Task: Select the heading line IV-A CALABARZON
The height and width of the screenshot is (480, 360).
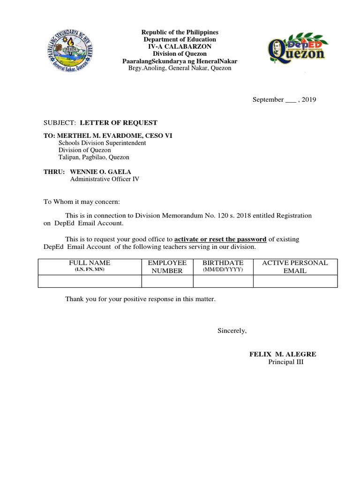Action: coord(180,47)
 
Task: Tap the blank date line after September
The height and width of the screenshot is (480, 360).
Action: coord(291,100)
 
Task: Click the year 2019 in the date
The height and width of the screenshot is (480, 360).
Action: coord(309,99)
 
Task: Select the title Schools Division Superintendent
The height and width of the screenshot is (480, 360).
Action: coord(102,143)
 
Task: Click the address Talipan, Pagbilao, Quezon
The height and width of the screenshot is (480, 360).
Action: coord(94,157)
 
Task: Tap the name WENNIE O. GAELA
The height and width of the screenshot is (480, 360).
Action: coord(101,172)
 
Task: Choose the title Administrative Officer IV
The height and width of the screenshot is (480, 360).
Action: coord(105,179)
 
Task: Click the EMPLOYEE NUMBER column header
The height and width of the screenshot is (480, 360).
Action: coord(167,267)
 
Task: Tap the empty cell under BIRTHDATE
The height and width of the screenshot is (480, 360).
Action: coord(223,281)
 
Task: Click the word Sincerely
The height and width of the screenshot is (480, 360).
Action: coord(232,331)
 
